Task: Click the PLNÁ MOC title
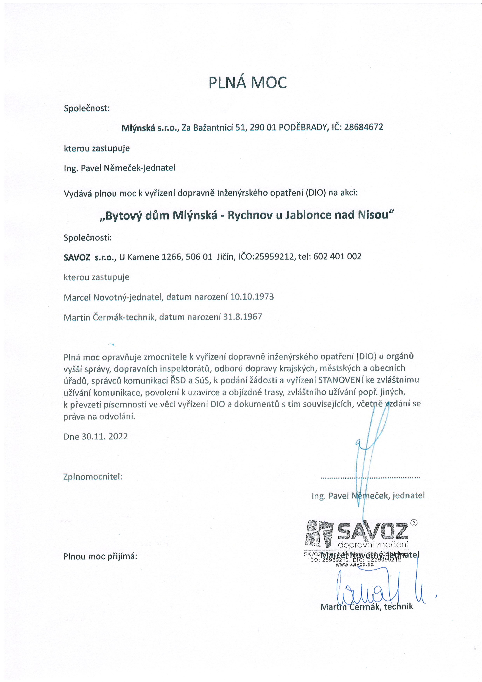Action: (x=247, y=83)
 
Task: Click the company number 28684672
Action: (x=363, y=127)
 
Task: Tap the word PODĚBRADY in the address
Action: (x=303, y=127)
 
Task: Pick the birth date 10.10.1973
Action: (x=252, y=297)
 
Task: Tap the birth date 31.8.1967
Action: (x=242, y=317)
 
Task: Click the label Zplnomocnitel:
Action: (x=93, y=477)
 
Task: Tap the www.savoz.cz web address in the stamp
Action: (x=354, y=564)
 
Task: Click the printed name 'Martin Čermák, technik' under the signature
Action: (x=367, y=607)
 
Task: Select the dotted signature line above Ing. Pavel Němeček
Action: (x=370, y=478)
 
